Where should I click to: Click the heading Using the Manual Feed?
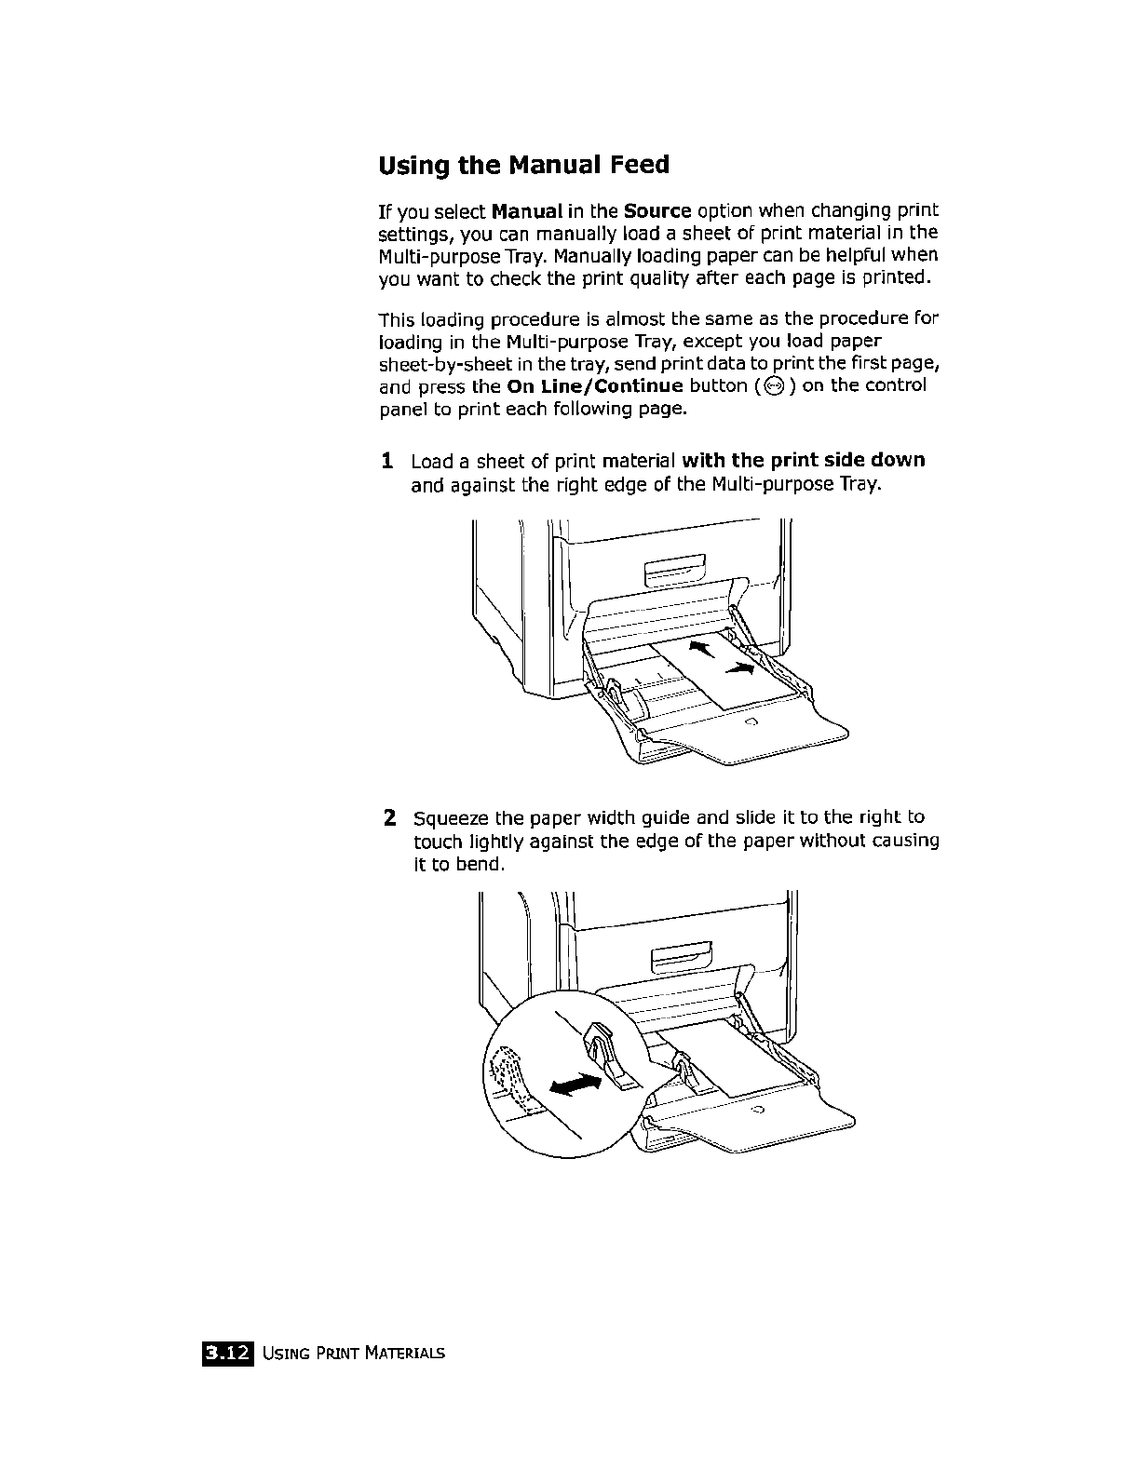(x=524, y=166)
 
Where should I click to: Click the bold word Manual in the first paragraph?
(x=526, y=208)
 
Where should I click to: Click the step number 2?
(x=391, y=818)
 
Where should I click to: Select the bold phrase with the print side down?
(x=804, y=461)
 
